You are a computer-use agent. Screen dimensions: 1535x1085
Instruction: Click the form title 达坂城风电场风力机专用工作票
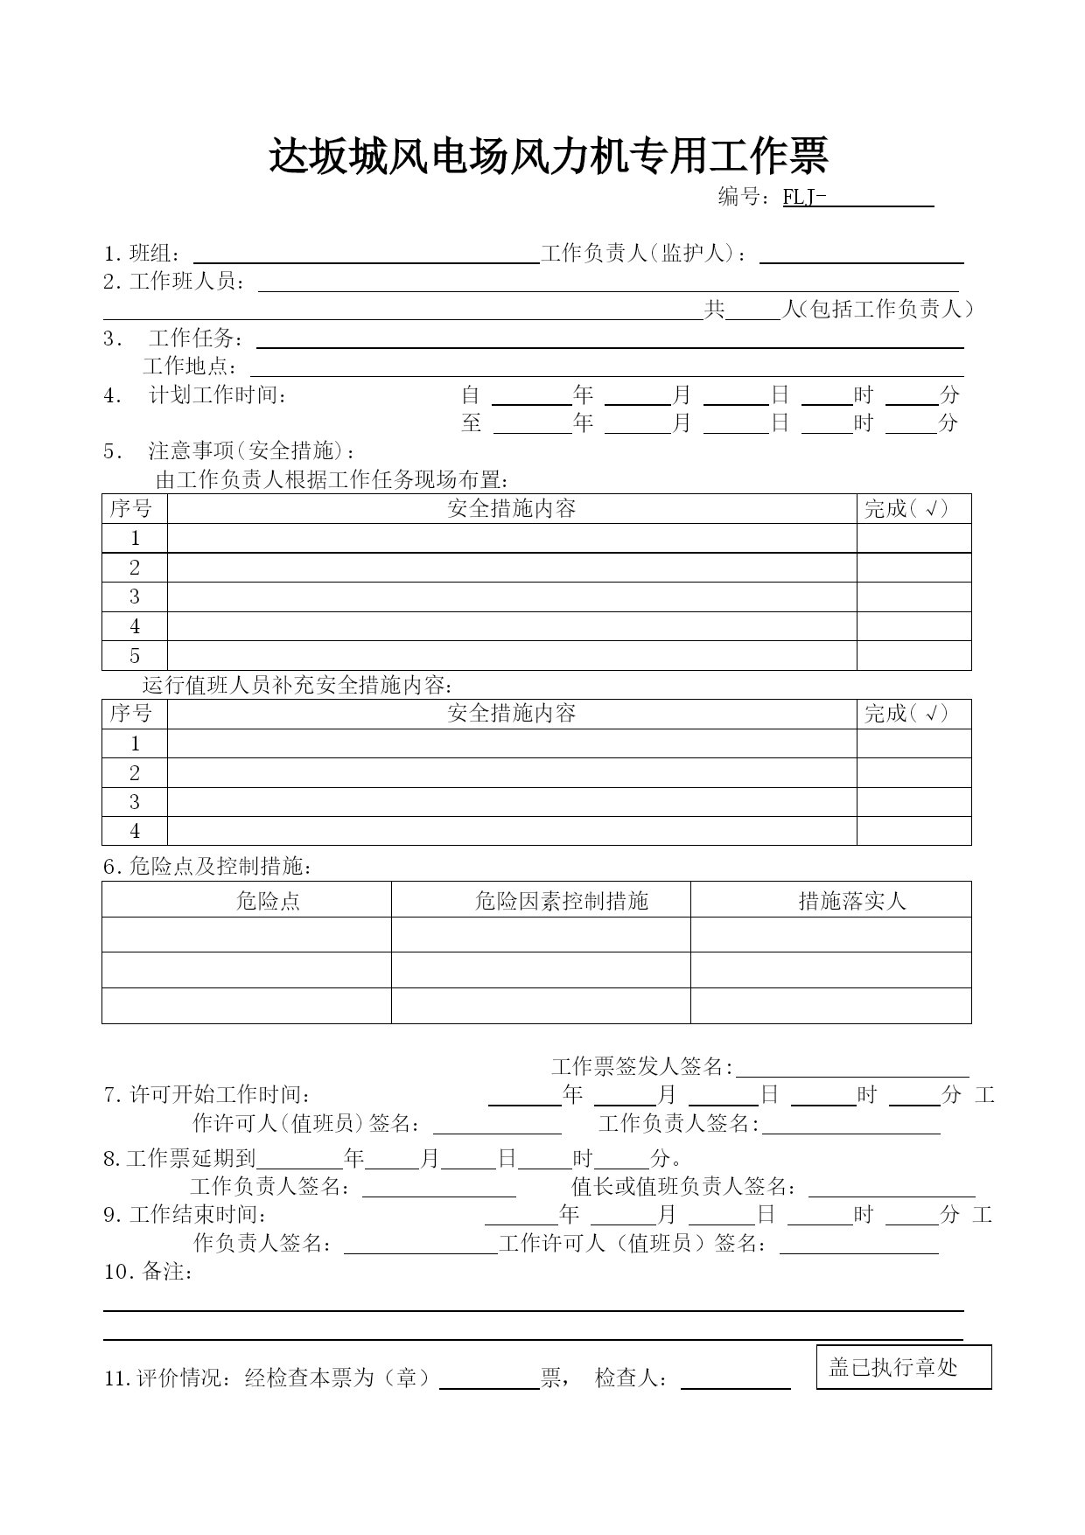pos(548,157)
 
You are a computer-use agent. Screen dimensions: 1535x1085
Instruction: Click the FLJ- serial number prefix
pos(804,198)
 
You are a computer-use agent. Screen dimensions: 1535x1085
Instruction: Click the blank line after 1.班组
pos(365,255)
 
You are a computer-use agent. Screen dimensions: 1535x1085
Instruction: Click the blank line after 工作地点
pos(606,368)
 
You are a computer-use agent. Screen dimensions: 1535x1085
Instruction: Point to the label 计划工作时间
pos(219,395)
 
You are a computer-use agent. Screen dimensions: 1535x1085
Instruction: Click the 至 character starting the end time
pos(472,423)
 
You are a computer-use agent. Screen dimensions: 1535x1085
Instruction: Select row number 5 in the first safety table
pos(135,656)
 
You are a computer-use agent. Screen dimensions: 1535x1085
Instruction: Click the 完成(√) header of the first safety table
pos(906,509)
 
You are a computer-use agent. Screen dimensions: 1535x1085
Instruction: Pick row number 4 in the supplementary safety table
pos(135,831)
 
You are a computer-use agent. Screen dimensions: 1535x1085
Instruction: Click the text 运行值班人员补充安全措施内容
pos(297,685)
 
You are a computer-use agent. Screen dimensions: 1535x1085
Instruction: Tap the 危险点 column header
pos(268,901)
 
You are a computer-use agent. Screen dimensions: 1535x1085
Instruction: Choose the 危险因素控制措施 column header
pos(561,901)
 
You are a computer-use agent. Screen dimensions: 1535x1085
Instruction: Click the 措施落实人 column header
pos(852,901)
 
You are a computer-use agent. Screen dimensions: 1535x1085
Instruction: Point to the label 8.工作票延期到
pos(179,1159)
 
